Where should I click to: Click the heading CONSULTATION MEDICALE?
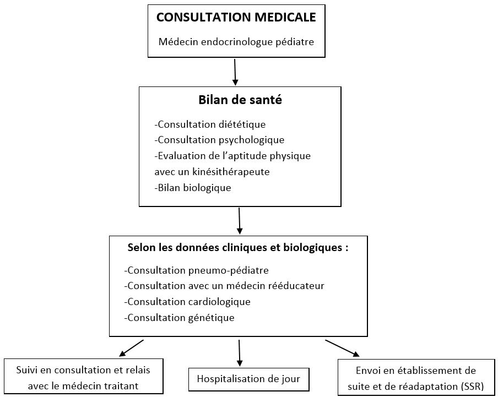(x=236, y=17)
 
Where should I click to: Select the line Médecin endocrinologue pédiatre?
(x=236, y=42)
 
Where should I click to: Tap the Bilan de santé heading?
(x=240, y=100)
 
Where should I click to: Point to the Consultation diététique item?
(x=210, y=124)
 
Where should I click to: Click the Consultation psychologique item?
(x=219, y=140)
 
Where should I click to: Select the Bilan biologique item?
(x=193, y=188)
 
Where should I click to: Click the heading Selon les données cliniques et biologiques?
(x=238, y=247)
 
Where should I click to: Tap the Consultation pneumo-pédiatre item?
(x=196, y=270)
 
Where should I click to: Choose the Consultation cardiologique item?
(x=187, y=302)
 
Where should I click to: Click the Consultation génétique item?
(x=179, y=318)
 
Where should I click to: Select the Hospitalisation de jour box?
(x=248, y=379)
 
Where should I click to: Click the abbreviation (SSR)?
(x=472, y=387)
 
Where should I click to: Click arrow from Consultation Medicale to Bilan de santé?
(x=235, y=72)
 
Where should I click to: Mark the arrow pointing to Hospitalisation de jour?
(x=240, y=353)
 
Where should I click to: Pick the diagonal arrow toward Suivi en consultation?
(x=131, y=348)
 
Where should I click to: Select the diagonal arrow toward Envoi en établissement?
(x=343, y=348)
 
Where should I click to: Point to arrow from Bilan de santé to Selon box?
(x=240, y=221)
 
